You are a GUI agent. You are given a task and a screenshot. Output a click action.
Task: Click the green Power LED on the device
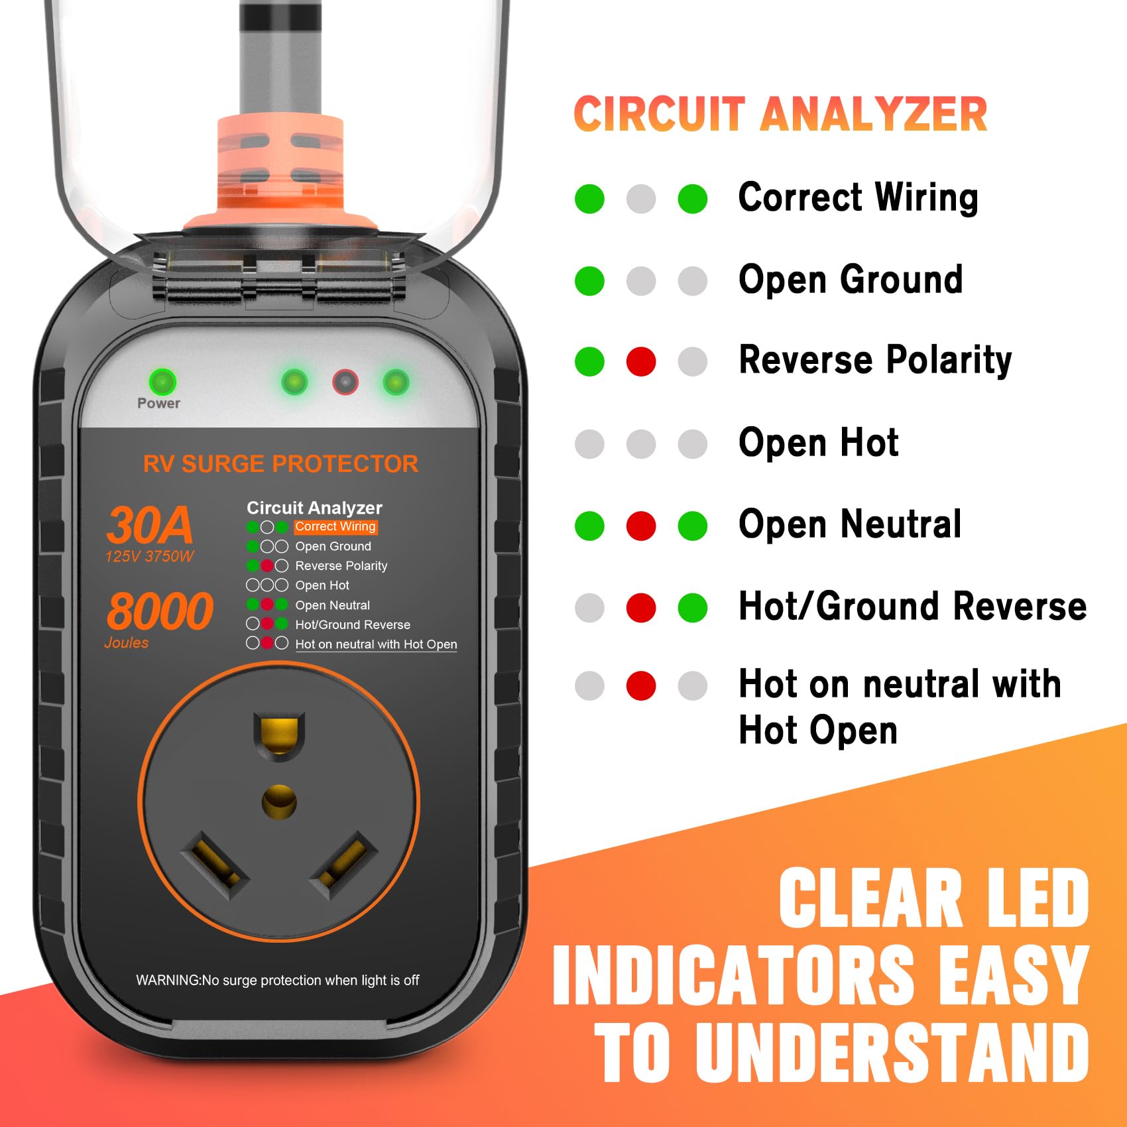162,381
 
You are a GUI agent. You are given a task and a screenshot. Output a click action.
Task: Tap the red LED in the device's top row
345,382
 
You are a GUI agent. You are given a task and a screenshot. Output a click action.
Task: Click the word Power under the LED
158,403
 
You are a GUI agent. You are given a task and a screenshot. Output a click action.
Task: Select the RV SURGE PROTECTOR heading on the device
280,463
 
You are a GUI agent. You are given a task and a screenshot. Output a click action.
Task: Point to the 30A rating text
150,525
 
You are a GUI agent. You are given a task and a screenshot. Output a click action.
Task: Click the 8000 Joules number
160,611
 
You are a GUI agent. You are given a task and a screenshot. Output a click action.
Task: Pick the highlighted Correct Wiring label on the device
335,526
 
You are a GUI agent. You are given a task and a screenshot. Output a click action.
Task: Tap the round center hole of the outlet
279,802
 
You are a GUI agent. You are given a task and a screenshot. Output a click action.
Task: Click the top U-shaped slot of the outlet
279,735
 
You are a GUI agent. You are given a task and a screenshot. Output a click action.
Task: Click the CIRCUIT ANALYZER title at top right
780,114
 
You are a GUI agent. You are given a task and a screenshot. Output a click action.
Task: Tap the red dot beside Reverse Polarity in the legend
641,361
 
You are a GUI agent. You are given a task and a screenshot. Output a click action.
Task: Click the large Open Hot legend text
818,442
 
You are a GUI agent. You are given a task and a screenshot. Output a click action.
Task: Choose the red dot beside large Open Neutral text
641,526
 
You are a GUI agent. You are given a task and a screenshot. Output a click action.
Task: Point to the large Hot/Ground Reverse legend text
912,606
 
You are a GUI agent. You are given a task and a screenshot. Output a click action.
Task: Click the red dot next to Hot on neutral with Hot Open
641,685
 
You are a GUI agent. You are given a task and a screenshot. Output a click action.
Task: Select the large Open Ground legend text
851,279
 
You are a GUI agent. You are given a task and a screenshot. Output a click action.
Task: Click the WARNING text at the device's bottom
277,980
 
